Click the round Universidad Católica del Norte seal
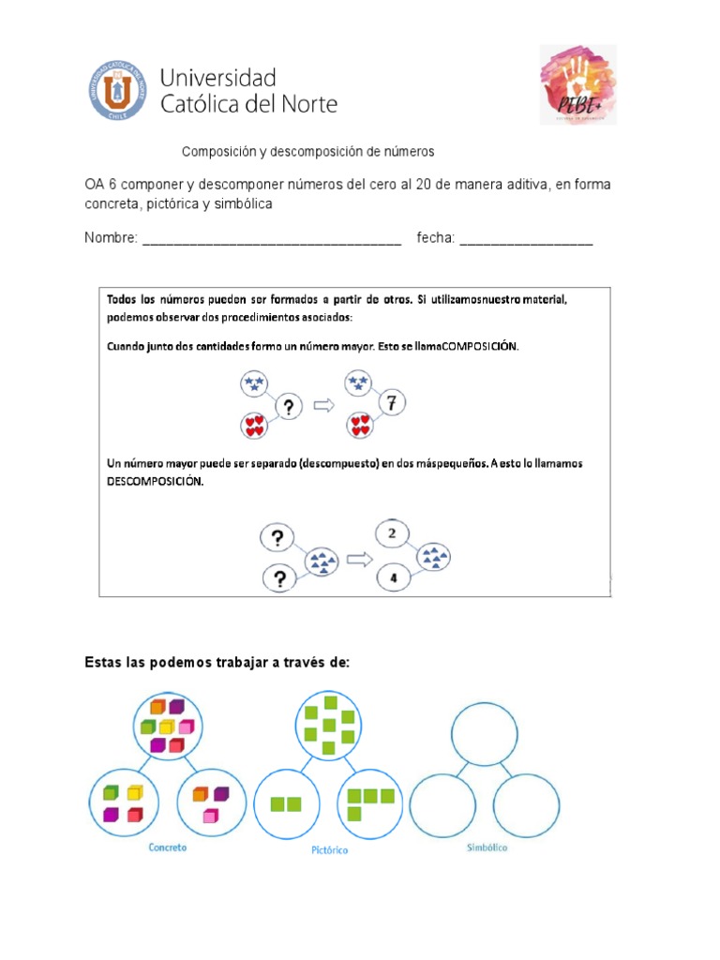[x=118, y=90]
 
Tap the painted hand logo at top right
[x=577, y=84]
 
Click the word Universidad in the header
[x=219, y=77]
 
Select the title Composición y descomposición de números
[x=307, y=151]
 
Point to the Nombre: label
[x=111, y=238]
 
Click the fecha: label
[x=436, y=238]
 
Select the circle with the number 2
[x=393, y=533]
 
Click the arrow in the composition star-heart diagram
[x=324, y=406]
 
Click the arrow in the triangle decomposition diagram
[x=357, y=560]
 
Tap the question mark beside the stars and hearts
[x=289, y=407]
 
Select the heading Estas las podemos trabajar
[x=217, y=663]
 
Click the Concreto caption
[x=168, y=847]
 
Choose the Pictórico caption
[x=329, y=850]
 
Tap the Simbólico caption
[x=487, y=847]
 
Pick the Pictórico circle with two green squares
[x=286, y=803]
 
